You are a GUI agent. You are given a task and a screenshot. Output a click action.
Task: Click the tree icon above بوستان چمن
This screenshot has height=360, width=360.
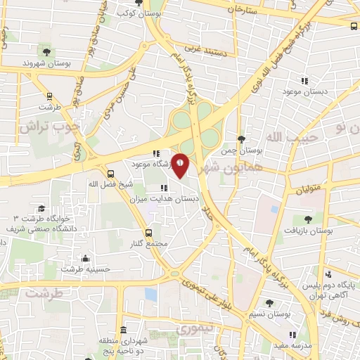point(241,139)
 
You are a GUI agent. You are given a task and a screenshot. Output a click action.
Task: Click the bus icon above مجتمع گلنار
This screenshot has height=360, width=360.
point(148,232)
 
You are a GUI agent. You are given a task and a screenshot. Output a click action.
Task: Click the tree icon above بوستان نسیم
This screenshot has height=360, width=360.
point(269,303)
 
